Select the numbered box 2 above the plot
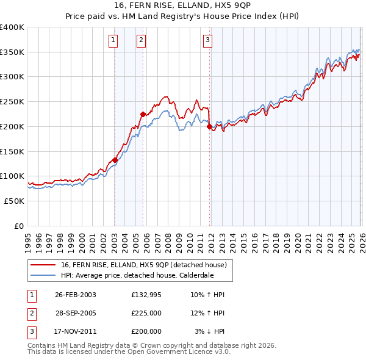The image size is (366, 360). pyautogui.click(x=142, y=41)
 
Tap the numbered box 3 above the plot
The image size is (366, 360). pyautogui.click(x=208, y=41)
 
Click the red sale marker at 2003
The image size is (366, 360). pyautogui.click(x=115, y=160)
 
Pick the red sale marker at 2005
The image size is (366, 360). pyautogui.click(x=143, y=114)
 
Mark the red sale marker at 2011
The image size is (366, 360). pyautogui.click(x=209, y=127)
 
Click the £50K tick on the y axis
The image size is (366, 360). pyautogui.click(x=15, y=201)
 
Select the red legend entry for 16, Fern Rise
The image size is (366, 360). pyautogui.click(x=143, y=265)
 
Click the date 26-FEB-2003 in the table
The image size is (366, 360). pyautogui.click(x=76, y=295)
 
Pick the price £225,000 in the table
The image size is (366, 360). pyautogui.click(x=146, y=313)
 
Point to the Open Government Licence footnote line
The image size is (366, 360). pyautogui.click(x=129, y=352)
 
